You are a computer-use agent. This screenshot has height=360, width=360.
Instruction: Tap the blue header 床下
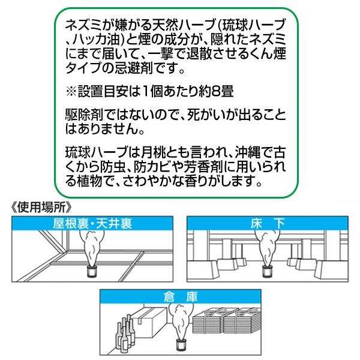pos(268,224)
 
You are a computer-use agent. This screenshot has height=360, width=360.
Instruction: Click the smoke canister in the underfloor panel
pos(267,271)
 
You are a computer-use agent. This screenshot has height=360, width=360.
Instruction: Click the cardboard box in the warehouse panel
pos(149,324)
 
